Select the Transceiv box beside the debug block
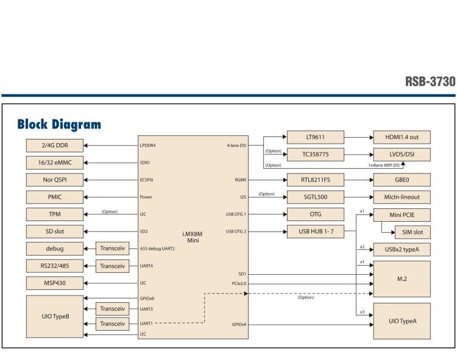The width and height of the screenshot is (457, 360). pyautogui.click(x=112, y=249)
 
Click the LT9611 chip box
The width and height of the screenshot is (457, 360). pyautogui.click(x=315, y=138)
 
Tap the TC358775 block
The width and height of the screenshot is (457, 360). pyautogui.click(x=315, y=155)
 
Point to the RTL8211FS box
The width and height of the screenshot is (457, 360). pyautogui.click(x=315, y=180)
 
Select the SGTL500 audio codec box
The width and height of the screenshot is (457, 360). pyautogui.click(x=315, y=197)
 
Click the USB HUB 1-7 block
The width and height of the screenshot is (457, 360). pyautogui.click(x=315, y=231)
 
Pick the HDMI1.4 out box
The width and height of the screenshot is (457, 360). pyautogui.click(x=402, y=138)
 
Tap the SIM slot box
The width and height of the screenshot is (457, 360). pyautogui.click(x=410, y=231)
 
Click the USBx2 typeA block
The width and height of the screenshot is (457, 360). pyautogui.click(x=402, y=249)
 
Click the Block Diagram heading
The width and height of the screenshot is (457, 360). pyautogui.click(x=59, y=124)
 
